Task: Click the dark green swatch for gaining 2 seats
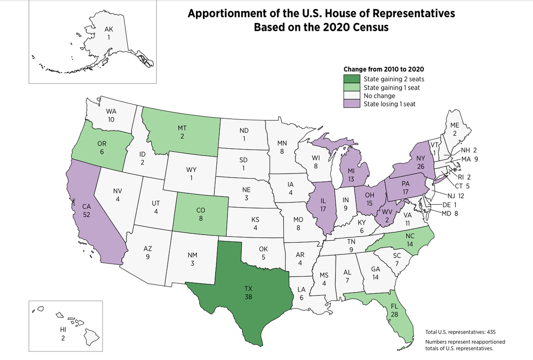pyautogui.click(x=353, y=79)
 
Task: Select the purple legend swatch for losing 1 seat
pyautogui.click(x=353, y=104)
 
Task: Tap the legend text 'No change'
pyautogui.click(x=379, y=96)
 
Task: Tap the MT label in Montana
pyautogui.click(x=181, y=128)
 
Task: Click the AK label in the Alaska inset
pyautogui.click(x=108, y=29)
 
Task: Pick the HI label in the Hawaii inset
pyautogui.click(x=63, y=330)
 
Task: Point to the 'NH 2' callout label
pyautogui.click(x=468, y=151)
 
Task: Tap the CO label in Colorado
pyautogui.click(x=201, y=211)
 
